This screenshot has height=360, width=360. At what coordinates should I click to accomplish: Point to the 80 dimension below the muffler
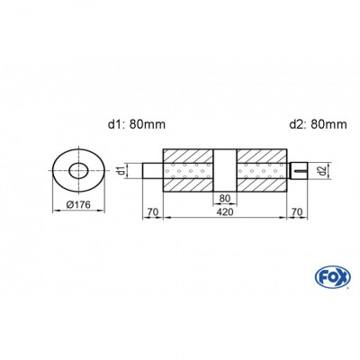[x=225, y=199]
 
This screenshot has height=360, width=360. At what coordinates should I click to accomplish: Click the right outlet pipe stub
[x=297, y=169]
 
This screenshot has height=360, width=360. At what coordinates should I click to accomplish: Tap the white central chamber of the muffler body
[x=225, y=169]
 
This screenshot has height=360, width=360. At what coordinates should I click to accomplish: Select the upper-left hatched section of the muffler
[x=188, y=154]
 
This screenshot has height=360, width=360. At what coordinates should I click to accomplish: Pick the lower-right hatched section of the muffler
[x=262, y=184]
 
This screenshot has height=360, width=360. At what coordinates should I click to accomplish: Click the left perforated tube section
[x=188, y=169]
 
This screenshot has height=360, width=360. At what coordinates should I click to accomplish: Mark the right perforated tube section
[x=262, y=169]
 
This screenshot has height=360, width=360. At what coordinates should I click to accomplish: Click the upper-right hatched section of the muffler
[x=262, y=154]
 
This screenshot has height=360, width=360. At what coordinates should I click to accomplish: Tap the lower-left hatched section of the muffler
[x=188, y=184]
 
